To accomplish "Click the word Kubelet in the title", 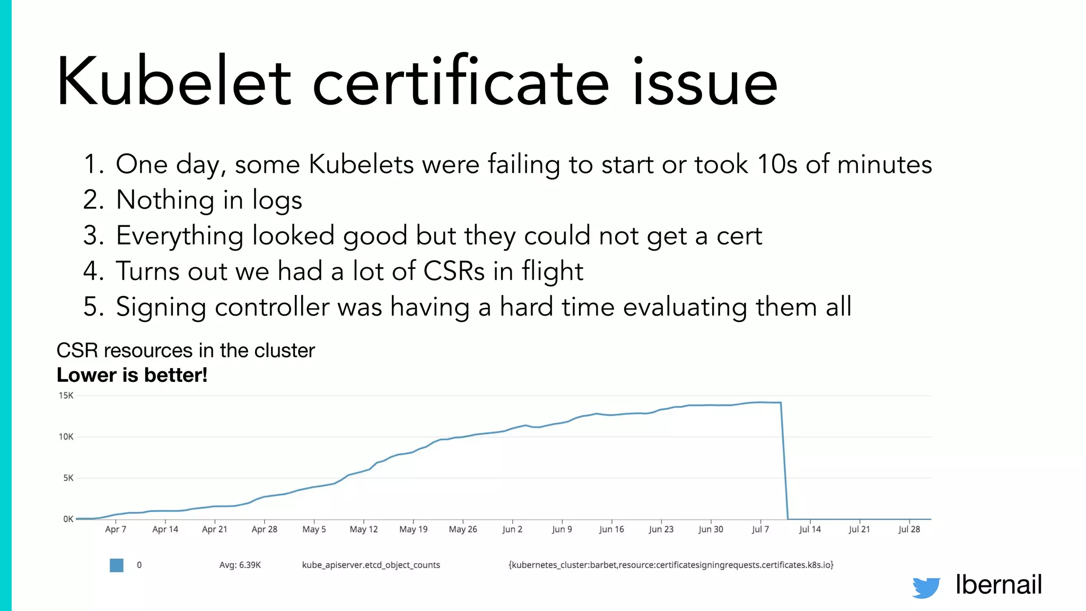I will (174, 82).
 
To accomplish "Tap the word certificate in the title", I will (460, 82).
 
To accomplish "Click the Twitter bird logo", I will (926, 587).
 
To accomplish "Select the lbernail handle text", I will (999, 584).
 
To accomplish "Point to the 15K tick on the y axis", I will (66, 396).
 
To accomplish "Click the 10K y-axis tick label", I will (66, 437).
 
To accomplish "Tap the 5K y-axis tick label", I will (68, 478).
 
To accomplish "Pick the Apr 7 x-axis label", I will (116, 529).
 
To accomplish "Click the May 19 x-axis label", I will (413, 529).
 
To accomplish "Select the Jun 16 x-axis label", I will (611, 529).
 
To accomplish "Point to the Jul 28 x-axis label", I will (909, 529).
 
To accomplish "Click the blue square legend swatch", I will (117, 565).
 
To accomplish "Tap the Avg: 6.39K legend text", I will (240, 565).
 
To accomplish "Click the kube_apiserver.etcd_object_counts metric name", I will (371, 565).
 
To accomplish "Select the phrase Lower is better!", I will (132, 375).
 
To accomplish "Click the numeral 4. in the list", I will (93, 271).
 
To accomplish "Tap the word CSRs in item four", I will (454, 271).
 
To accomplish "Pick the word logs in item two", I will (277, 200).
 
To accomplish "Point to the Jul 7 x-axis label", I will (760, 529).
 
